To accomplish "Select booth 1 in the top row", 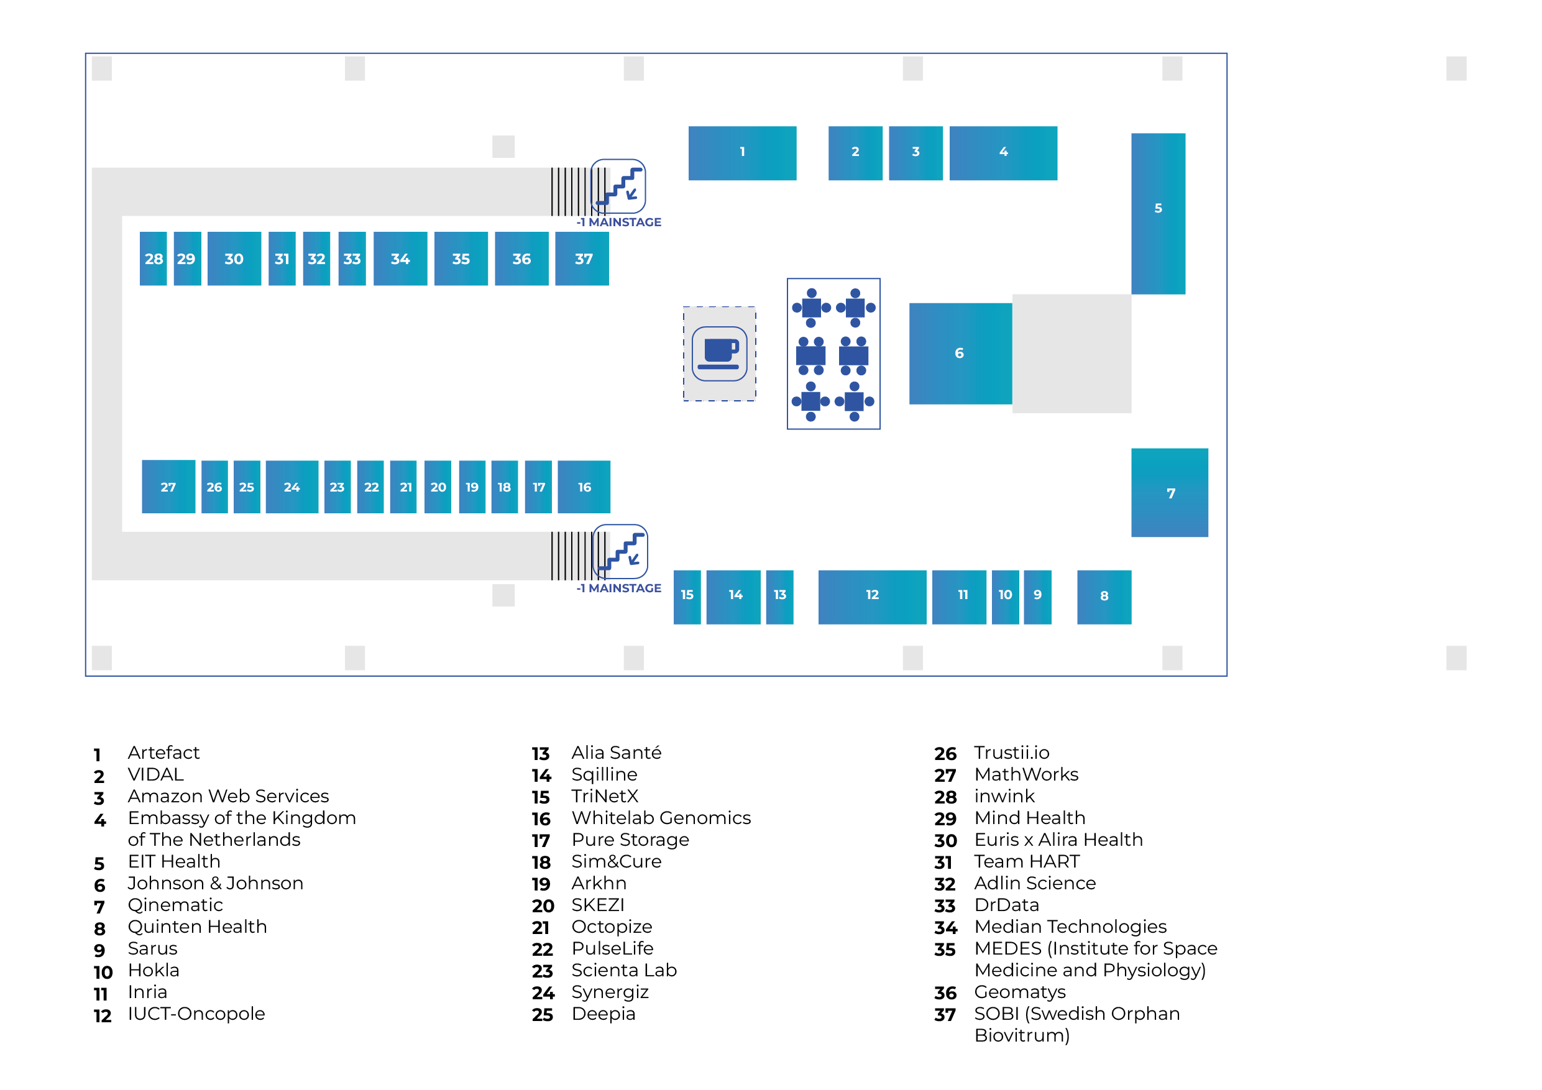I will (x=742, y=152).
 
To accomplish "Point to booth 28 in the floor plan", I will (x=153, y=259).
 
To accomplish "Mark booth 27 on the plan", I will (x=168, y=487).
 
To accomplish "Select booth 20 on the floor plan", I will (x=438, y=487).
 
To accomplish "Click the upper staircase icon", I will (x=618, y=186).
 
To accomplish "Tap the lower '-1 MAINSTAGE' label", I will (x=618, y=589).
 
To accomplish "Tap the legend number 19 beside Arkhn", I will (x=541, y=884).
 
